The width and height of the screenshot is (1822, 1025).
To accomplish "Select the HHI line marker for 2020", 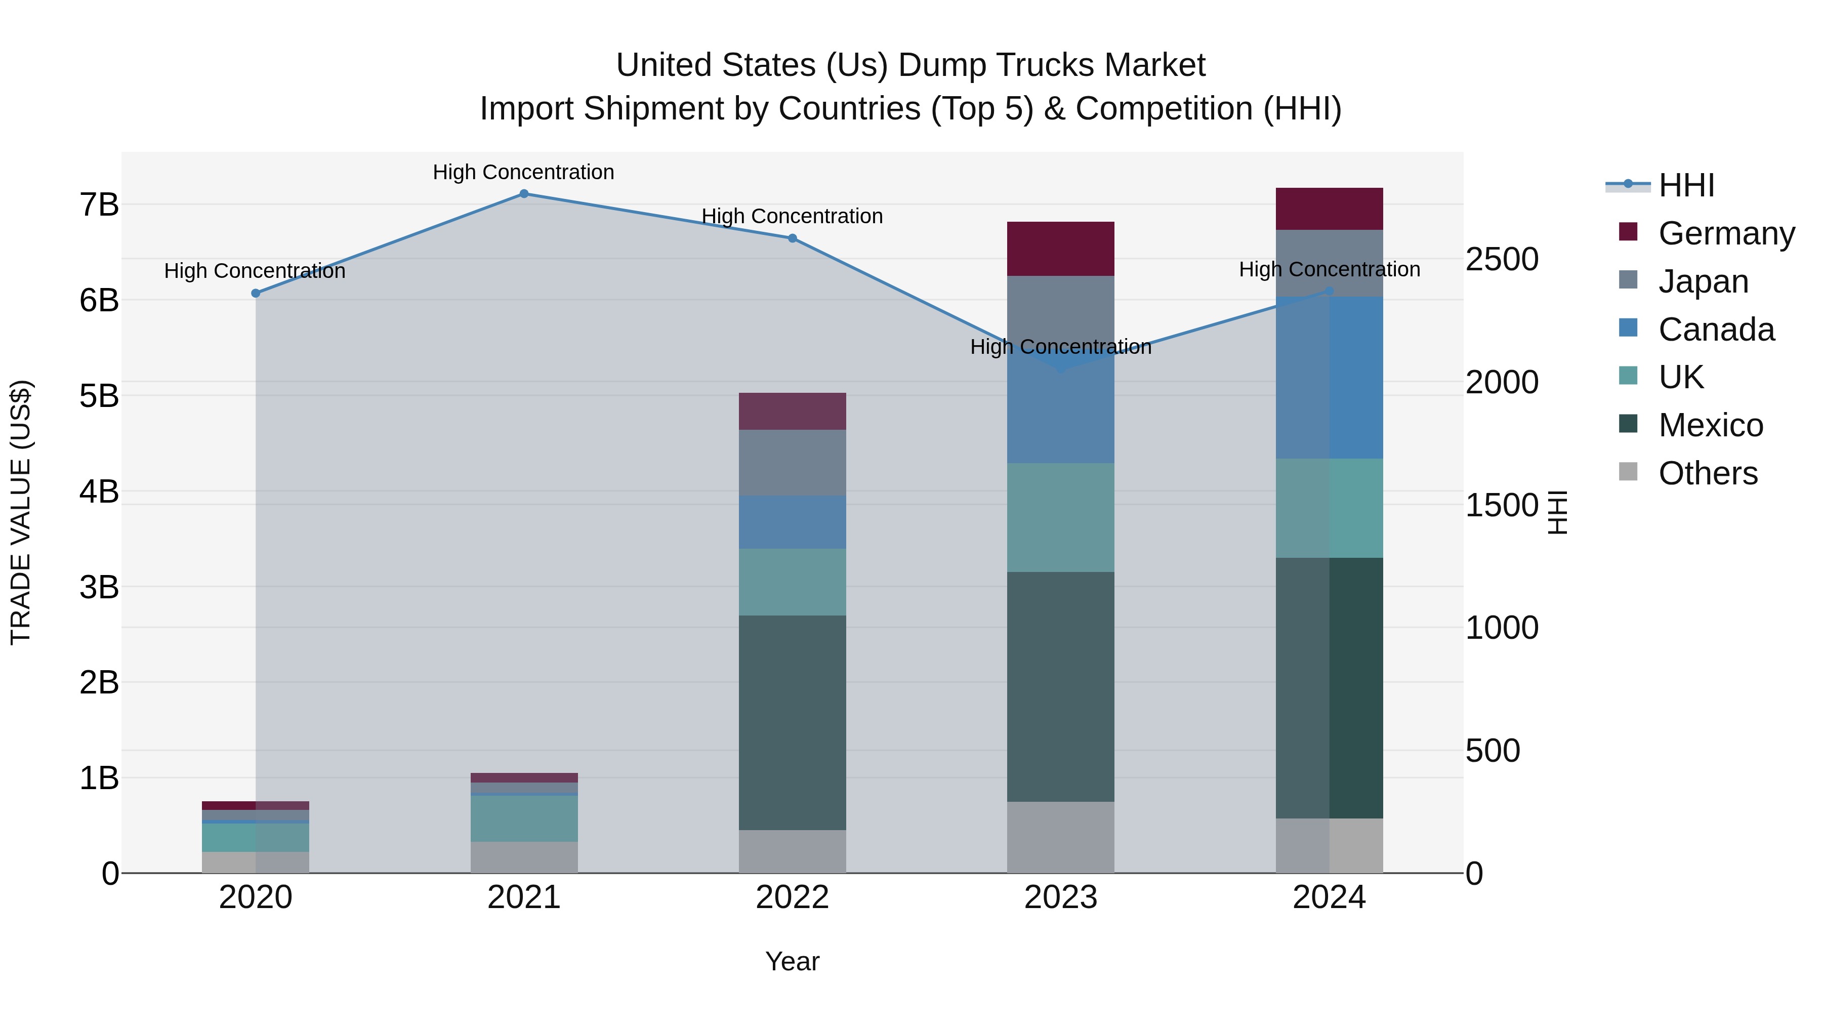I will point(256,293).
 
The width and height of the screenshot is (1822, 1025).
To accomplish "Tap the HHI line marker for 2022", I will point(792,238).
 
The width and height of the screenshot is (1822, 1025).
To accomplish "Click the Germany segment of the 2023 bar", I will point(1060,249).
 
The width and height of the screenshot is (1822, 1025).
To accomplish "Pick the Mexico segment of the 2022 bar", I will point(792,722).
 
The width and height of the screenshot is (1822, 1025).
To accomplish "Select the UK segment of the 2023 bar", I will point(1060,517).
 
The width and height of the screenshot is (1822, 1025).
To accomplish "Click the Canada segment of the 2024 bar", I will point(1329,378).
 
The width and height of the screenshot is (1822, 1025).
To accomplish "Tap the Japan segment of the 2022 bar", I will point(792,463).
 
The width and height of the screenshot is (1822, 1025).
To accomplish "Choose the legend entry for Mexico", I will point(1710,425).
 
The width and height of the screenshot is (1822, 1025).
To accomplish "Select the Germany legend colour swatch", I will point(1628,232).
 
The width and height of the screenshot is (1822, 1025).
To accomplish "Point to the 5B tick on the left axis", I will point(99,395).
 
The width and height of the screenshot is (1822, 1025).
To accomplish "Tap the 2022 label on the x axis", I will point(792,897).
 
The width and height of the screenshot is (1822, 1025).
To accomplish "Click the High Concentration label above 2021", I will point(523,172).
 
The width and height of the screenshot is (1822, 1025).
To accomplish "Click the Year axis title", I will point(792,961).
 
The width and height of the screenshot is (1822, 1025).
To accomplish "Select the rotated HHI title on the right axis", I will point(1557,512).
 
